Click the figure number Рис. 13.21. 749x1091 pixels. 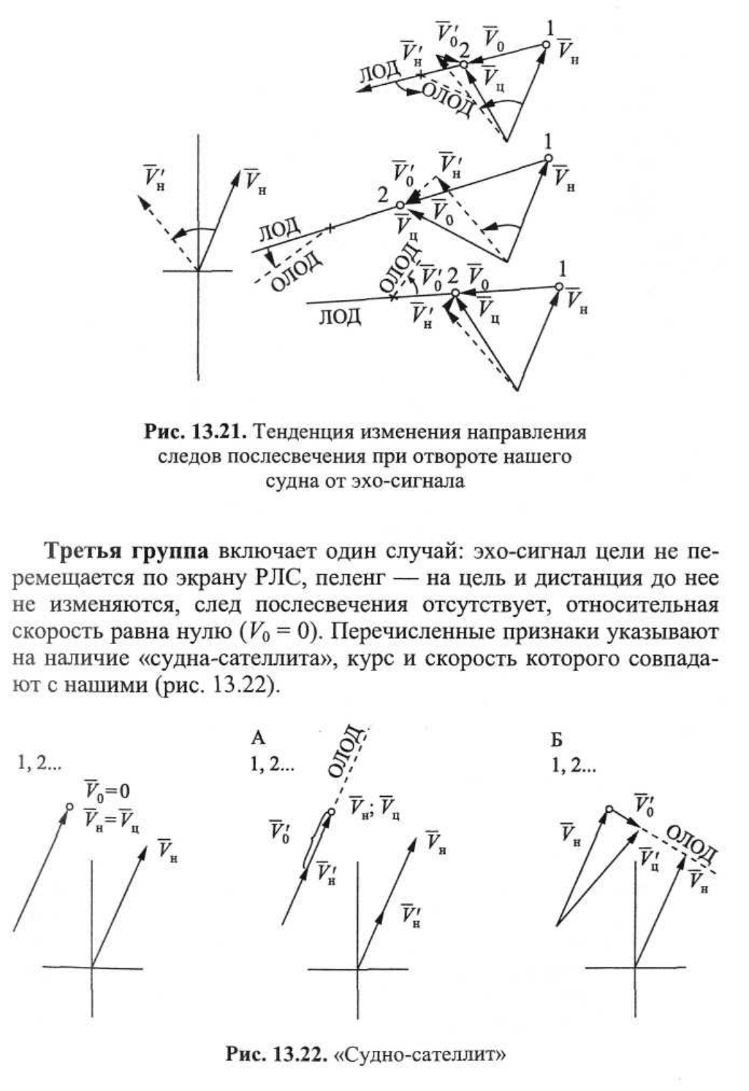[198, 432]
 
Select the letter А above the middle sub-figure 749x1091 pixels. [258, 738]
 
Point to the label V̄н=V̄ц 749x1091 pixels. [110, 817]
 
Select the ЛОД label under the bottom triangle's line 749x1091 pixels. [340, 317]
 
